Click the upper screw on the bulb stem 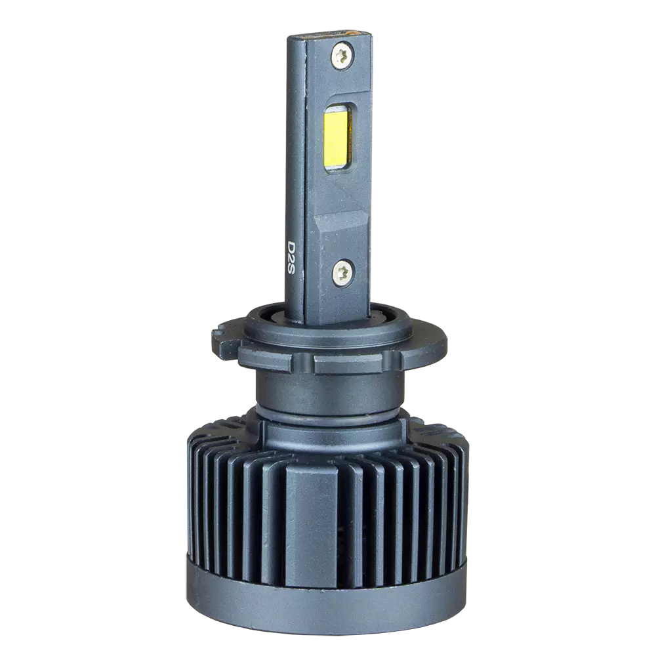click(x=342, y=55)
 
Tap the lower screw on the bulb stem click(x=344, y=273)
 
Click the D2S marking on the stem click(x=291, y=257)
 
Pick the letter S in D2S click(x=291, y=268)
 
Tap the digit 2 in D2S click(x=291, y=256)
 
